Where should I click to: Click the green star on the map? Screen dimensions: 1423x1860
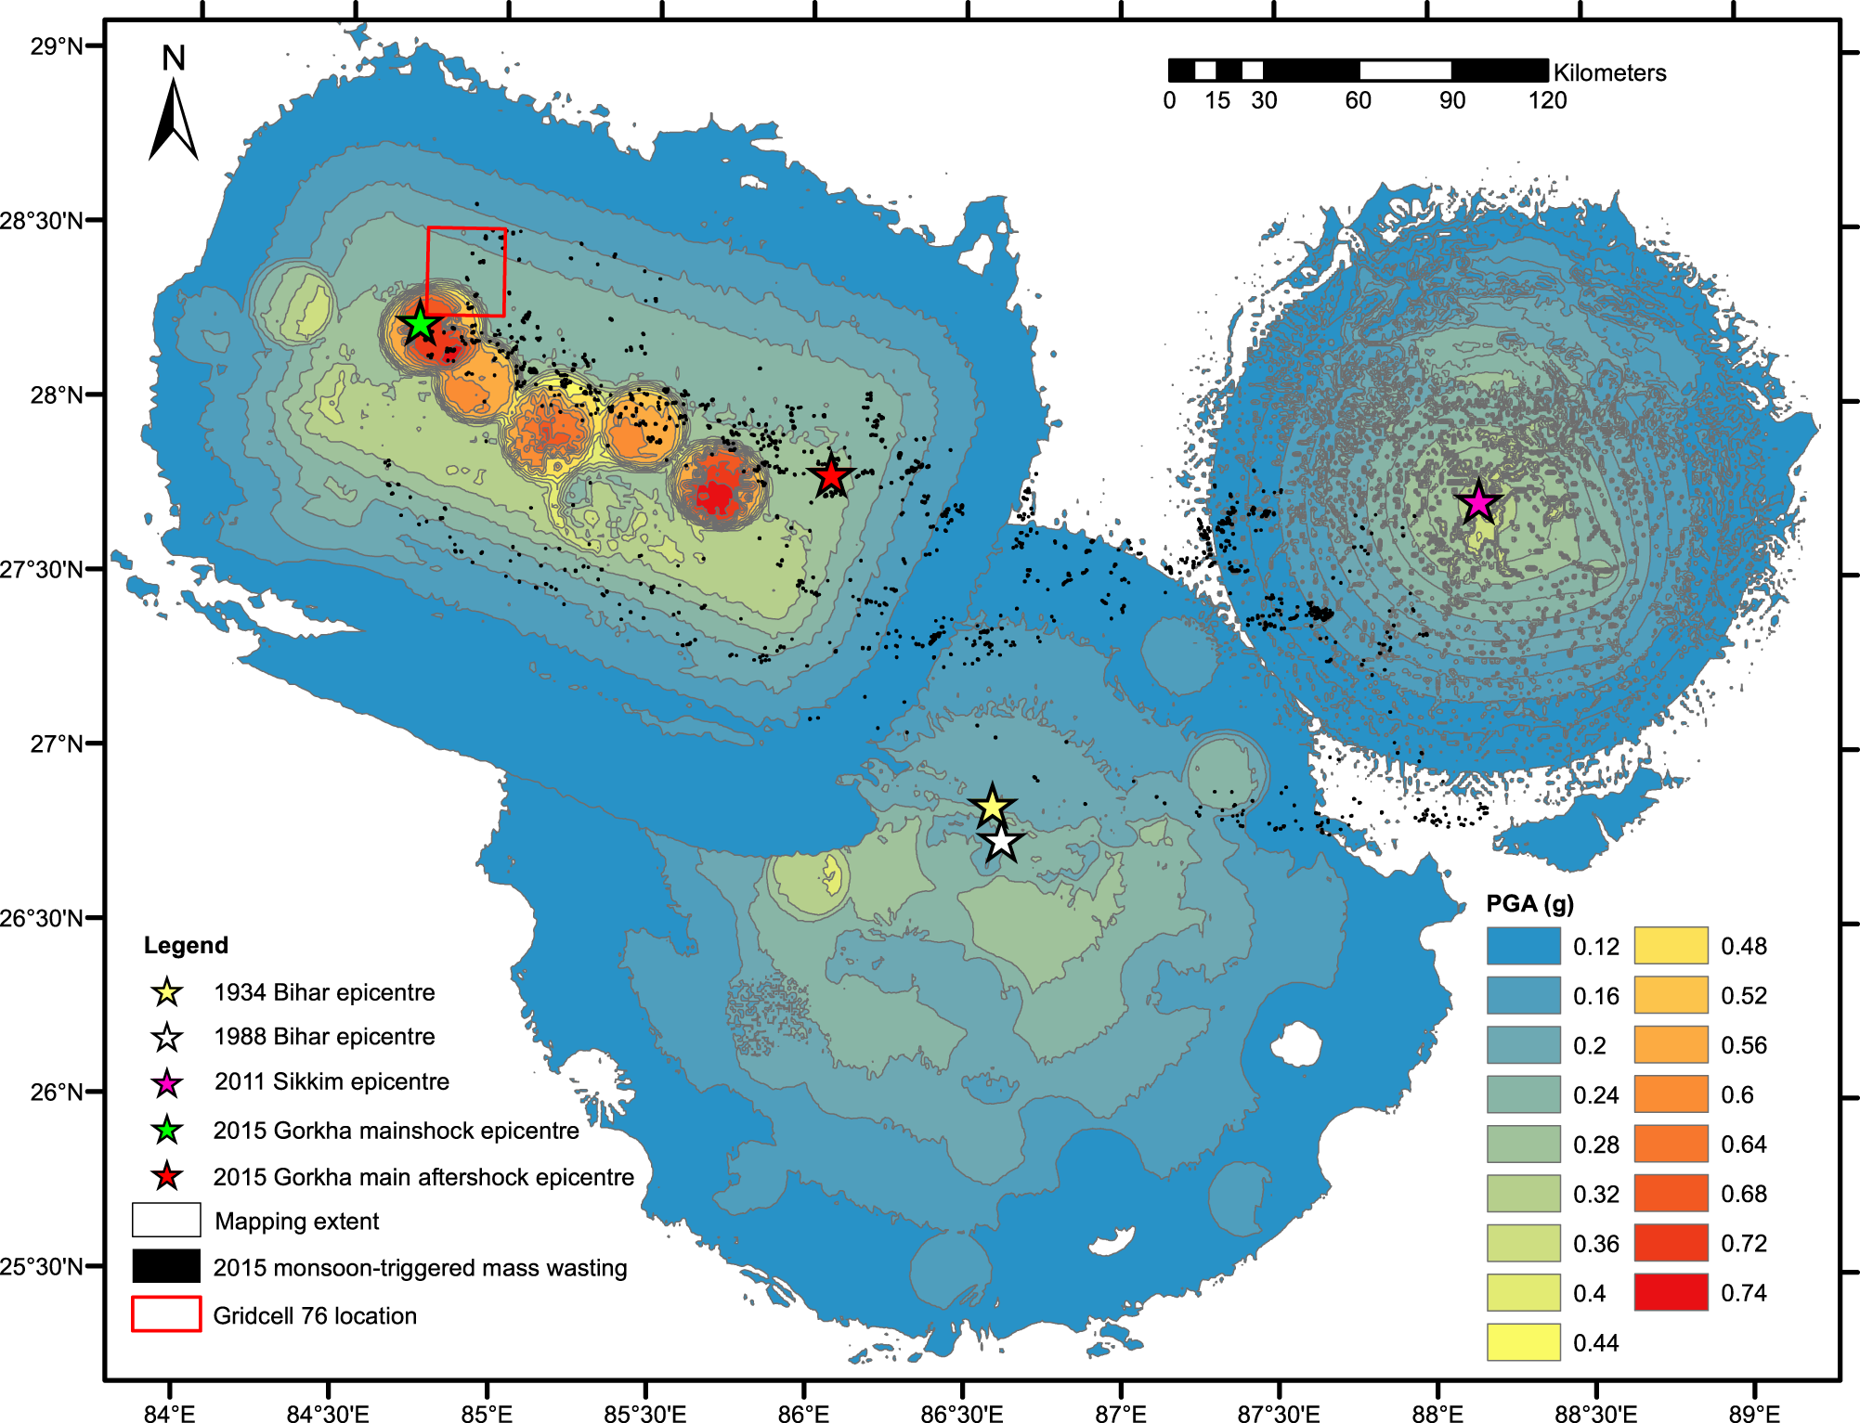point(420,325)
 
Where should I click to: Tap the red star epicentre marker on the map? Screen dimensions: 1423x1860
point(831,476)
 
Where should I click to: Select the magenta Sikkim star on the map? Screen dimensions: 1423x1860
point(1477,502)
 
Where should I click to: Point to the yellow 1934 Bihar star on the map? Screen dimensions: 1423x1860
point(992,806)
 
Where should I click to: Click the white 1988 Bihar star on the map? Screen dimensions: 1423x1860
point(1001,842)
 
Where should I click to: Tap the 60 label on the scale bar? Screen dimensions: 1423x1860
point(1358,100)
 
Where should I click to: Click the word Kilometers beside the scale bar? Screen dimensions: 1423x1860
point(1609,72)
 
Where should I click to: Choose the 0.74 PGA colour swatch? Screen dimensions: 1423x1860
point(1671,1292)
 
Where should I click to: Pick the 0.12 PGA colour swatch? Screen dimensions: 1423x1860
point(1523,946)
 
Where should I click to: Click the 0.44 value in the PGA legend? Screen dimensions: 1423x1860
point(1595,1342)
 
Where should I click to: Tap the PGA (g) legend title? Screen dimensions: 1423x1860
point(1529,903)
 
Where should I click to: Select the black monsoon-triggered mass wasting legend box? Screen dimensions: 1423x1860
point(166,1266)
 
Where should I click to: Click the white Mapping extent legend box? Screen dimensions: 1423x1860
point(166,1220)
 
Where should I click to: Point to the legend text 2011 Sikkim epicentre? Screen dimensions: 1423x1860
point(332,1081)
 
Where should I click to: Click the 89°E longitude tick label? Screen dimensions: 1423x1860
point(1753,1414)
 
